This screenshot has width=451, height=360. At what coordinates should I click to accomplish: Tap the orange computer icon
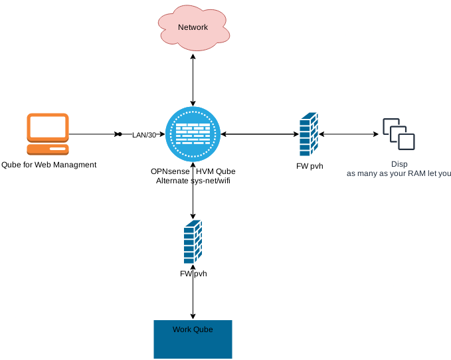48,134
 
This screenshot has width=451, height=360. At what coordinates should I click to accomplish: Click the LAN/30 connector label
143,135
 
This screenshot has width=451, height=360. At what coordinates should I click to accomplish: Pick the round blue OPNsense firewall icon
193,134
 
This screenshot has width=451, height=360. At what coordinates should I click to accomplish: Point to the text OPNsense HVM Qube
193,171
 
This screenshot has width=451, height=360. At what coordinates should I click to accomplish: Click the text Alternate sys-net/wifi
193,180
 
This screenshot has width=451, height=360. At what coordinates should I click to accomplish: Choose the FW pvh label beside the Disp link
310,166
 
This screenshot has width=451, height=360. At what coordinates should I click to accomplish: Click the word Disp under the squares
399,164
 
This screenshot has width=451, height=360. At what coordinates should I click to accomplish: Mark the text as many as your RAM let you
399,173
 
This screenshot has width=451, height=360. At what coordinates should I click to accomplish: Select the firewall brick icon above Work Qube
193,242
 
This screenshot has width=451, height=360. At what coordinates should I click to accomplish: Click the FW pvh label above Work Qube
193,274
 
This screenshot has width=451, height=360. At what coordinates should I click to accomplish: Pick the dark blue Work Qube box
193,339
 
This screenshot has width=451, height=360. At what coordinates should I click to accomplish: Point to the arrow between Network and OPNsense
193,80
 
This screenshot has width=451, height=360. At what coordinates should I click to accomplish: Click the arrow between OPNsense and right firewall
259,134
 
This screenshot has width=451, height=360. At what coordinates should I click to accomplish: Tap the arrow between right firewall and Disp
349,134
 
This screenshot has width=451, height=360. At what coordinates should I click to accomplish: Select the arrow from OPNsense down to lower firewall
193,196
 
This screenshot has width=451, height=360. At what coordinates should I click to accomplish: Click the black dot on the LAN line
120,134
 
